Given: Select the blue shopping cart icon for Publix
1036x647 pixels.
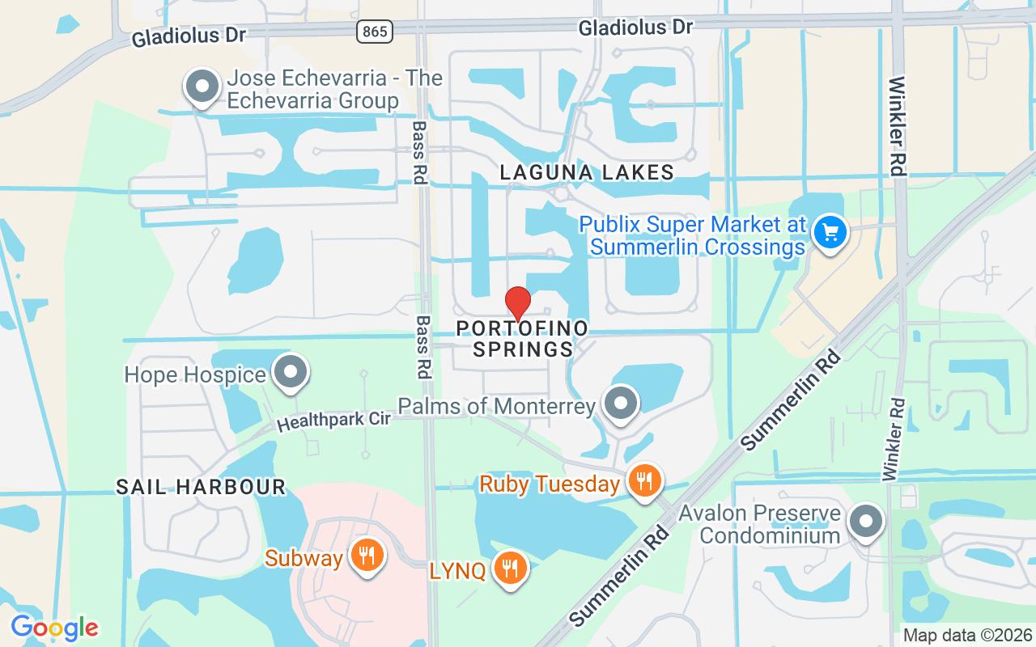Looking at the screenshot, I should [830, 233].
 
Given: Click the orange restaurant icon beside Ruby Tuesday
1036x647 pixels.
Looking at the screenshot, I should [644, 482].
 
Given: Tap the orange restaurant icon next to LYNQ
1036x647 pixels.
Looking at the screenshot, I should [510, 569].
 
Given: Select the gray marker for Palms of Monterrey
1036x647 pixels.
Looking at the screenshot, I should [621, 404].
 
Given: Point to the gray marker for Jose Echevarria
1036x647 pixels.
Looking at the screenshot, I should [202, 87].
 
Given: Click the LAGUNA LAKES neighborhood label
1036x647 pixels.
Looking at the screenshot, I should [587, 172].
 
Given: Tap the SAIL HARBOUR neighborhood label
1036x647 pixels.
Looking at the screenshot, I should [201, 487].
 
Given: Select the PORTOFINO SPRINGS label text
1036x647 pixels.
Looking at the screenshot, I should [522, 339].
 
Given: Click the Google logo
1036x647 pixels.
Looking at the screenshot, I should [54, 628].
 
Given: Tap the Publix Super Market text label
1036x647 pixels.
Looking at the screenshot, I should [692, 235].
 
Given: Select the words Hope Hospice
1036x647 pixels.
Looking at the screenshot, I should [195, 374].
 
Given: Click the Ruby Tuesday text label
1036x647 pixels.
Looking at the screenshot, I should [549, 484].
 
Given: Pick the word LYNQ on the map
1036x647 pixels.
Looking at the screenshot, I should [458, 571].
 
